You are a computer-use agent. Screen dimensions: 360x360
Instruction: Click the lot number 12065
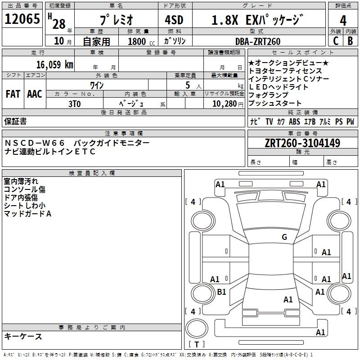pos(22,19)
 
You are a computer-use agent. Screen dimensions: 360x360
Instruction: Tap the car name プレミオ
pos(116,20)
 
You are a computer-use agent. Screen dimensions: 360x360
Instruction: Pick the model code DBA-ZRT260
pos(257,41)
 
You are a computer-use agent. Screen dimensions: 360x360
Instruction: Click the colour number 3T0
pos(74,103)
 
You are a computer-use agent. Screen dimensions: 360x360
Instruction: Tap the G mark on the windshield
pos(284,237)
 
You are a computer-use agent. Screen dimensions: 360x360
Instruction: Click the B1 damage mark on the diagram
pos(221,292)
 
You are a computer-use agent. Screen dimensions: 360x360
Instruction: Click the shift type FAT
pos(13,94)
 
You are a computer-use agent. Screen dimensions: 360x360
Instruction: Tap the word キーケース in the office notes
pos(23,336)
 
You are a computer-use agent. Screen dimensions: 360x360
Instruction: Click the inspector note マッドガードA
pos(27,214)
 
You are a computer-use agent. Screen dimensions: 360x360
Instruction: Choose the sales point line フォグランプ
pos(268,95)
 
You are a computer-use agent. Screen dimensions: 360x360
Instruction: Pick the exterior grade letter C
pos(335,41)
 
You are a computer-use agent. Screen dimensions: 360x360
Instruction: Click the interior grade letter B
pos(351,41)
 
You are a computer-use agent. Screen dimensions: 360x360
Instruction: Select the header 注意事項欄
pos(123,134)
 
